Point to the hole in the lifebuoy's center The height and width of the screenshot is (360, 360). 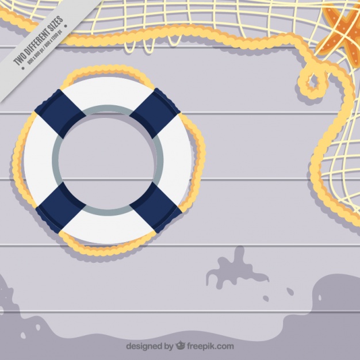108,160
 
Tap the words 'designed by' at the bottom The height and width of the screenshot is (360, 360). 148,346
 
